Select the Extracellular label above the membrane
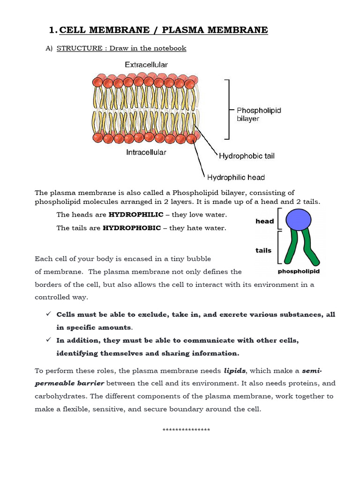[146, 64]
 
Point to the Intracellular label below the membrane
[146, 152]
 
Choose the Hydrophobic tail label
[247, 156]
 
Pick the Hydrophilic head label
[236, 177]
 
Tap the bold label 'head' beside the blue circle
[265, 221]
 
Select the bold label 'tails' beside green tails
[263, 250]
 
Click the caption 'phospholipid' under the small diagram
[299, 271]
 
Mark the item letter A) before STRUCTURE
[48, 48]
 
